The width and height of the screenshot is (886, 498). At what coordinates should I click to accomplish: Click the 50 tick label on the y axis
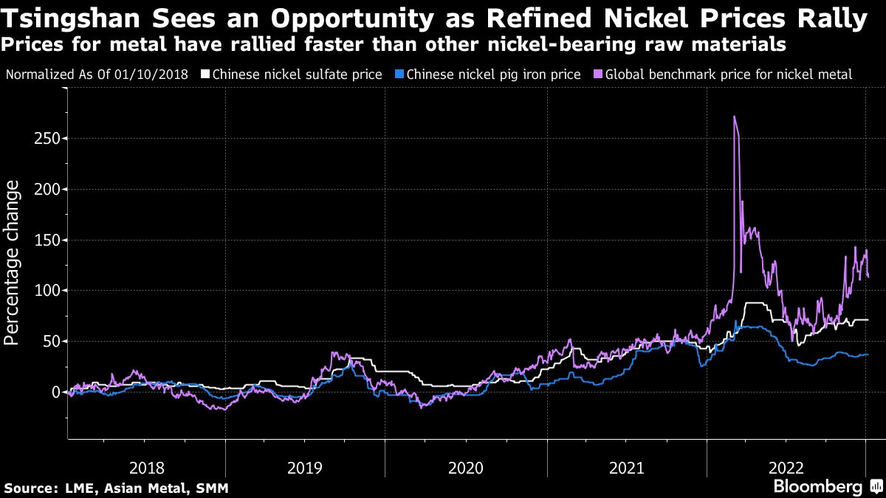52,342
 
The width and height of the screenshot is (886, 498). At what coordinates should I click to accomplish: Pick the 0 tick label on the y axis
55,392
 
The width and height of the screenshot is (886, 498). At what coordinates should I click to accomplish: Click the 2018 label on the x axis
147,468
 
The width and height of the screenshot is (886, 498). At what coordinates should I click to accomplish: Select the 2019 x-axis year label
306,468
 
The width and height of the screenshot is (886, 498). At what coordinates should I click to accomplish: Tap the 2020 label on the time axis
466,468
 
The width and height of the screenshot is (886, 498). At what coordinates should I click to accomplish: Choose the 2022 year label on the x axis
786,468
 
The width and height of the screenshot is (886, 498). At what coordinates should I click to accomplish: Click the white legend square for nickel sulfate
205,75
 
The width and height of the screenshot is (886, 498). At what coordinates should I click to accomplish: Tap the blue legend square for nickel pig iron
399,75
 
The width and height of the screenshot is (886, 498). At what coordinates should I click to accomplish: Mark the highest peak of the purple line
734,117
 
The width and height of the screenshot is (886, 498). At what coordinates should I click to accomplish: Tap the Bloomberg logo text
817,487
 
